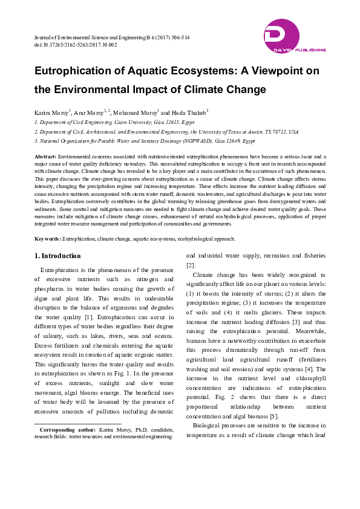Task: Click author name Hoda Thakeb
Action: click(188, 112)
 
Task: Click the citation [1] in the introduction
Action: click(89, 316)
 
